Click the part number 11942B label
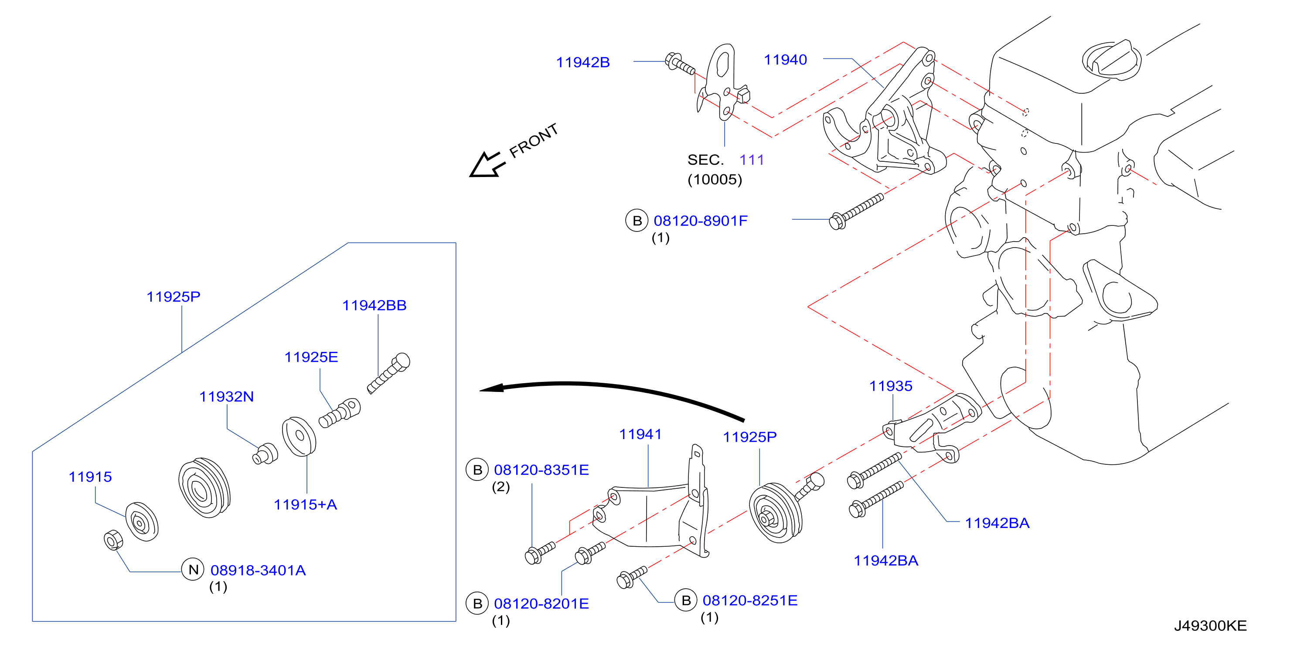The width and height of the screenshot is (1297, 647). point(582,62)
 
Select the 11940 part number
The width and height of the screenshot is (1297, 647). point(786,60)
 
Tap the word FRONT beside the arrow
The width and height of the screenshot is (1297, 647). point(534,140)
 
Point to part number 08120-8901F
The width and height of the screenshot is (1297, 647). point(700,221)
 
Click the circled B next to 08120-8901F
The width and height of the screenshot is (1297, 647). point(637,221)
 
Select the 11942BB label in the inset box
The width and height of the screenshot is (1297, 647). point(374,305)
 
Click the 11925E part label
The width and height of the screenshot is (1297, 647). point(311,357)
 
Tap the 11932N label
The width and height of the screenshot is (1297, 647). point(227,397)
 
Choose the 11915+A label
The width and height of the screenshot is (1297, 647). point(305,504)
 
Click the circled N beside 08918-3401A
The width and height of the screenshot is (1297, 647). point(193,569)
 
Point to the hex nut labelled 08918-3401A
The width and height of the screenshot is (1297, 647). point(113,540)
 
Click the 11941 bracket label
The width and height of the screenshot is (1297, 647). point(640,434)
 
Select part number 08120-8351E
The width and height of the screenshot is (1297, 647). point(541,470)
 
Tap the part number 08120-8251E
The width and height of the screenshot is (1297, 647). point(750,600)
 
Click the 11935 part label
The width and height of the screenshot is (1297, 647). point(891,386)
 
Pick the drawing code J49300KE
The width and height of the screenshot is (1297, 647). point(1210,626)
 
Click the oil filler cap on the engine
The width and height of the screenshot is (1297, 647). point(1112,59)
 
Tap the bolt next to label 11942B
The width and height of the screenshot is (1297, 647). point(680,64)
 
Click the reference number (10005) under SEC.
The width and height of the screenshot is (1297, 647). point(715,180)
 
